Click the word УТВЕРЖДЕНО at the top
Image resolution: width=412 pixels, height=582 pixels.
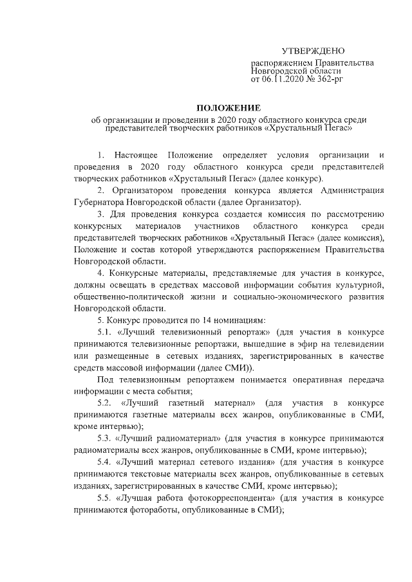click(314, 51)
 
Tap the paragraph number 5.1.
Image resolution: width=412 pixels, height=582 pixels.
click(105, 332)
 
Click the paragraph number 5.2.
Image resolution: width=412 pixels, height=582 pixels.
click(105, 403)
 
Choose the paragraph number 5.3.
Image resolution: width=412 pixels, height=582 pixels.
click(105, 438)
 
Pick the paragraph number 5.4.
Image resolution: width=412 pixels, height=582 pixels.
click(105, 462)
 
